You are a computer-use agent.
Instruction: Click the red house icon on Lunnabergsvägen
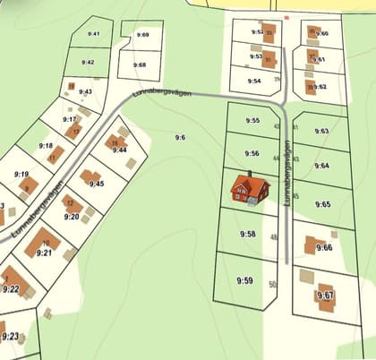pyautogui.click(x=250, y=188)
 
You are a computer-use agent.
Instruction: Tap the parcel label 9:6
pyautogui.click(x=180, y=137)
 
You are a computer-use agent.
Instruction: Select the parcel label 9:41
pyautogui.click(x=94, y=34)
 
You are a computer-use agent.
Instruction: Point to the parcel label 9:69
pyautogui.click(x=143, y=34)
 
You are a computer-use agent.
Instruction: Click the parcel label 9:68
pyautogui.click(x=140, y=64)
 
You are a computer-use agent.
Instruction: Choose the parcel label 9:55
pyautogui.click(x=252, y=120)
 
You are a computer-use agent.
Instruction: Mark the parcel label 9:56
pyautogui.click(x=252, y=153)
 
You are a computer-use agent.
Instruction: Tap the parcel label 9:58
pyautogui.click(x=247, y=234)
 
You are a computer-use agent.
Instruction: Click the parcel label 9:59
pyautogui.click(x=245, y=280)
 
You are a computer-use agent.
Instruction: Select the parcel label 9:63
pyautogui.click(x=322, y=131)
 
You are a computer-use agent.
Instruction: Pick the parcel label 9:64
pyautogui.click(x=322, y=166)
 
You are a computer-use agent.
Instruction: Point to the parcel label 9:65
pyautogui.click(x=322, y=204)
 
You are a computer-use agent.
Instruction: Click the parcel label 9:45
pyautogui.click(x=97, y=184)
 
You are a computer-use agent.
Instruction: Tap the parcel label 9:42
pyautogui.click(x=88, y=63)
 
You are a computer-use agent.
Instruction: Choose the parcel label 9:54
pyautogui.click(x=254, y=81)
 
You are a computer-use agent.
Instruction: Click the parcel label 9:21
pyautogui.click(x=44, y=253)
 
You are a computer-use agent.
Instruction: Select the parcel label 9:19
pyautogui.click(x=21, y=175)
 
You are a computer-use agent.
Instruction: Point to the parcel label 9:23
pyautogui.click(x=11, y=336)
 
